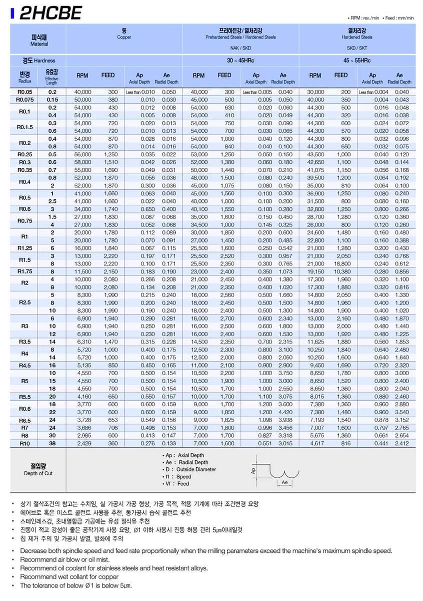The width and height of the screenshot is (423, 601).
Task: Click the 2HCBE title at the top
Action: click(50, 14)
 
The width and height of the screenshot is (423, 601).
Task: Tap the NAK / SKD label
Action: click(240, 50)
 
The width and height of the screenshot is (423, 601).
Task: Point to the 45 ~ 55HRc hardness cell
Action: click(356, 60)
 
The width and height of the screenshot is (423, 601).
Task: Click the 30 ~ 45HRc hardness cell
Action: click(240, 60)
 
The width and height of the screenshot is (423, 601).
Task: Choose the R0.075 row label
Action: click(24, 100)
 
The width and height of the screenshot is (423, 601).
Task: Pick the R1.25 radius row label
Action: click(24, 248)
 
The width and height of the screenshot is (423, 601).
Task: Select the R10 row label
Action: click(24, 443)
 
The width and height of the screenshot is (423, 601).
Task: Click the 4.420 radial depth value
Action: click(285, 412)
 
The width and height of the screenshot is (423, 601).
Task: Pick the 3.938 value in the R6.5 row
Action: click(285, 420)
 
